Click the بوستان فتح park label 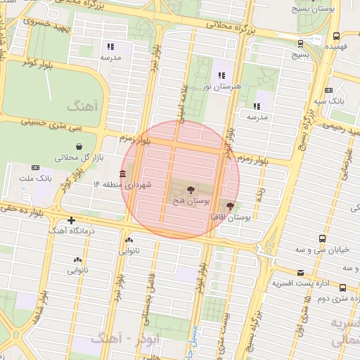point(191,201)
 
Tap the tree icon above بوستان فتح point(191,190)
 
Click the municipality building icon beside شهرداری point(123,174)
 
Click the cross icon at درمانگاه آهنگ point(71,220)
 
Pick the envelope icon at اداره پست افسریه point(300,273)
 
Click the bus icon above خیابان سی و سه point(322,238)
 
